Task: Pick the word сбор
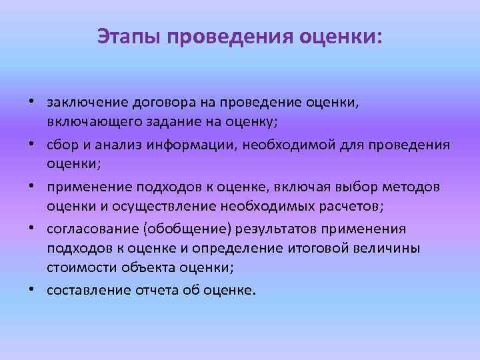[61, 145]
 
